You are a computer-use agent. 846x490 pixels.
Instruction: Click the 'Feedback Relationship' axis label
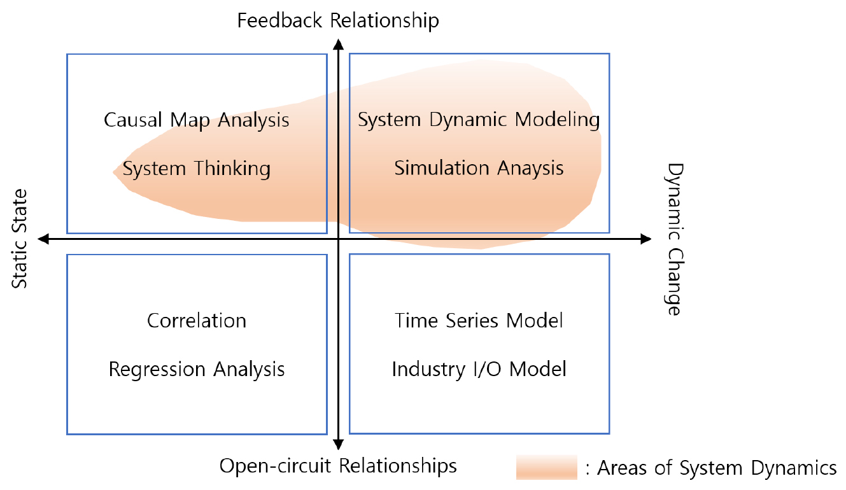point(338,20)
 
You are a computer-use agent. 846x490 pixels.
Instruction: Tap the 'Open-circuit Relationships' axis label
point(338,466)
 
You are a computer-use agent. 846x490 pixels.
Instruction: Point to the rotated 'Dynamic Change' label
point(673,239)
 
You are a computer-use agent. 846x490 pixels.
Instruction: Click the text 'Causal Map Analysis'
point(197,120)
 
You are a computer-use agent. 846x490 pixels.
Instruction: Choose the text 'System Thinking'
point(197,169)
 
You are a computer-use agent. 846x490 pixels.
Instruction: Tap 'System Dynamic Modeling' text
point(479,120)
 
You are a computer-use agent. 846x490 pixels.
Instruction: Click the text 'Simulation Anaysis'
point(479,168)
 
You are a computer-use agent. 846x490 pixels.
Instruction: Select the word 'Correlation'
point(197,320)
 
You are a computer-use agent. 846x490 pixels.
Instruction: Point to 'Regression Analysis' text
point(197,369)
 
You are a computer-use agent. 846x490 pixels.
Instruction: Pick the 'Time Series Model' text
point(479,320)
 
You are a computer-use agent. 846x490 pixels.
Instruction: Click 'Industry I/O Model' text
point(479,369)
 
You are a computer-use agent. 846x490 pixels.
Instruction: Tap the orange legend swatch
point(546,468)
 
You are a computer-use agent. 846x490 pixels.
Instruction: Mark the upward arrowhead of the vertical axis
point(339,44)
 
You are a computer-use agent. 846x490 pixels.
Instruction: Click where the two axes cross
point(339,239)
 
